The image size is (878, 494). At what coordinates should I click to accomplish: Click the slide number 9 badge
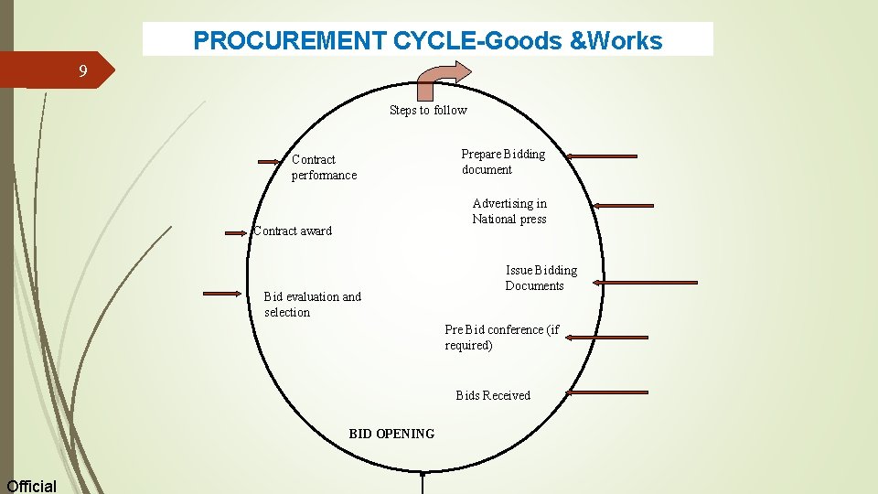(82, 71)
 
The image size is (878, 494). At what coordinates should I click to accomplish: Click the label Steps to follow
(428, 111)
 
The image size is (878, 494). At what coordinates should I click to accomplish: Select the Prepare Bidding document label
(502, 162)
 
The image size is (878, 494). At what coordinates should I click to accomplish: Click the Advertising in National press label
(509, 211)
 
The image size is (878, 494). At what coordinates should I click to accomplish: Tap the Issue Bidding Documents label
(541, 278)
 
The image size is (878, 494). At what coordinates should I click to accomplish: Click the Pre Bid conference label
(501, 338)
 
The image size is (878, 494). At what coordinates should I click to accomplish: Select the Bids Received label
(493, 396)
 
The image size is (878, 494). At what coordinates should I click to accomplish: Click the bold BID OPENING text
(391, 434)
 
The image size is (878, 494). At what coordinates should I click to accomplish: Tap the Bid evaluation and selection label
(312, 305)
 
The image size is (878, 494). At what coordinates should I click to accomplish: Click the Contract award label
(293, 231)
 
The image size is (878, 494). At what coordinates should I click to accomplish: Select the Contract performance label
(324, 167)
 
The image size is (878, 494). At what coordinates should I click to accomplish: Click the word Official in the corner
(31, 486)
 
